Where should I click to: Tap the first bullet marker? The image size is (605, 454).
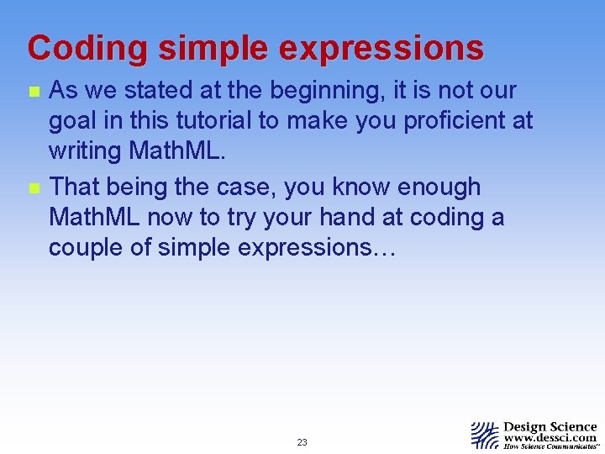click(32, 92)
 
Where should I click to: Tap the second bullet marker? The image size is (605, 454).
click(32, 187)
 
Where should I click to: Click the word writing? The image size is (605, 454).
click(87, 152)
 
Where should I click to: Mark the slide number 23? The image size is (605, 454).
click(302, 442)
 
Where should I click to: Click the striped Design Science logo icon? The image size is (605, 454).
click(485, 435)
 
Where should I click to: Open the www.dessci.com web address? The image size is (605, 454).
click(550, 438)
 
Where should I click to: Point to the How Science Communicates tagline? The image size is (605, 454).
click(550, 447)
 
